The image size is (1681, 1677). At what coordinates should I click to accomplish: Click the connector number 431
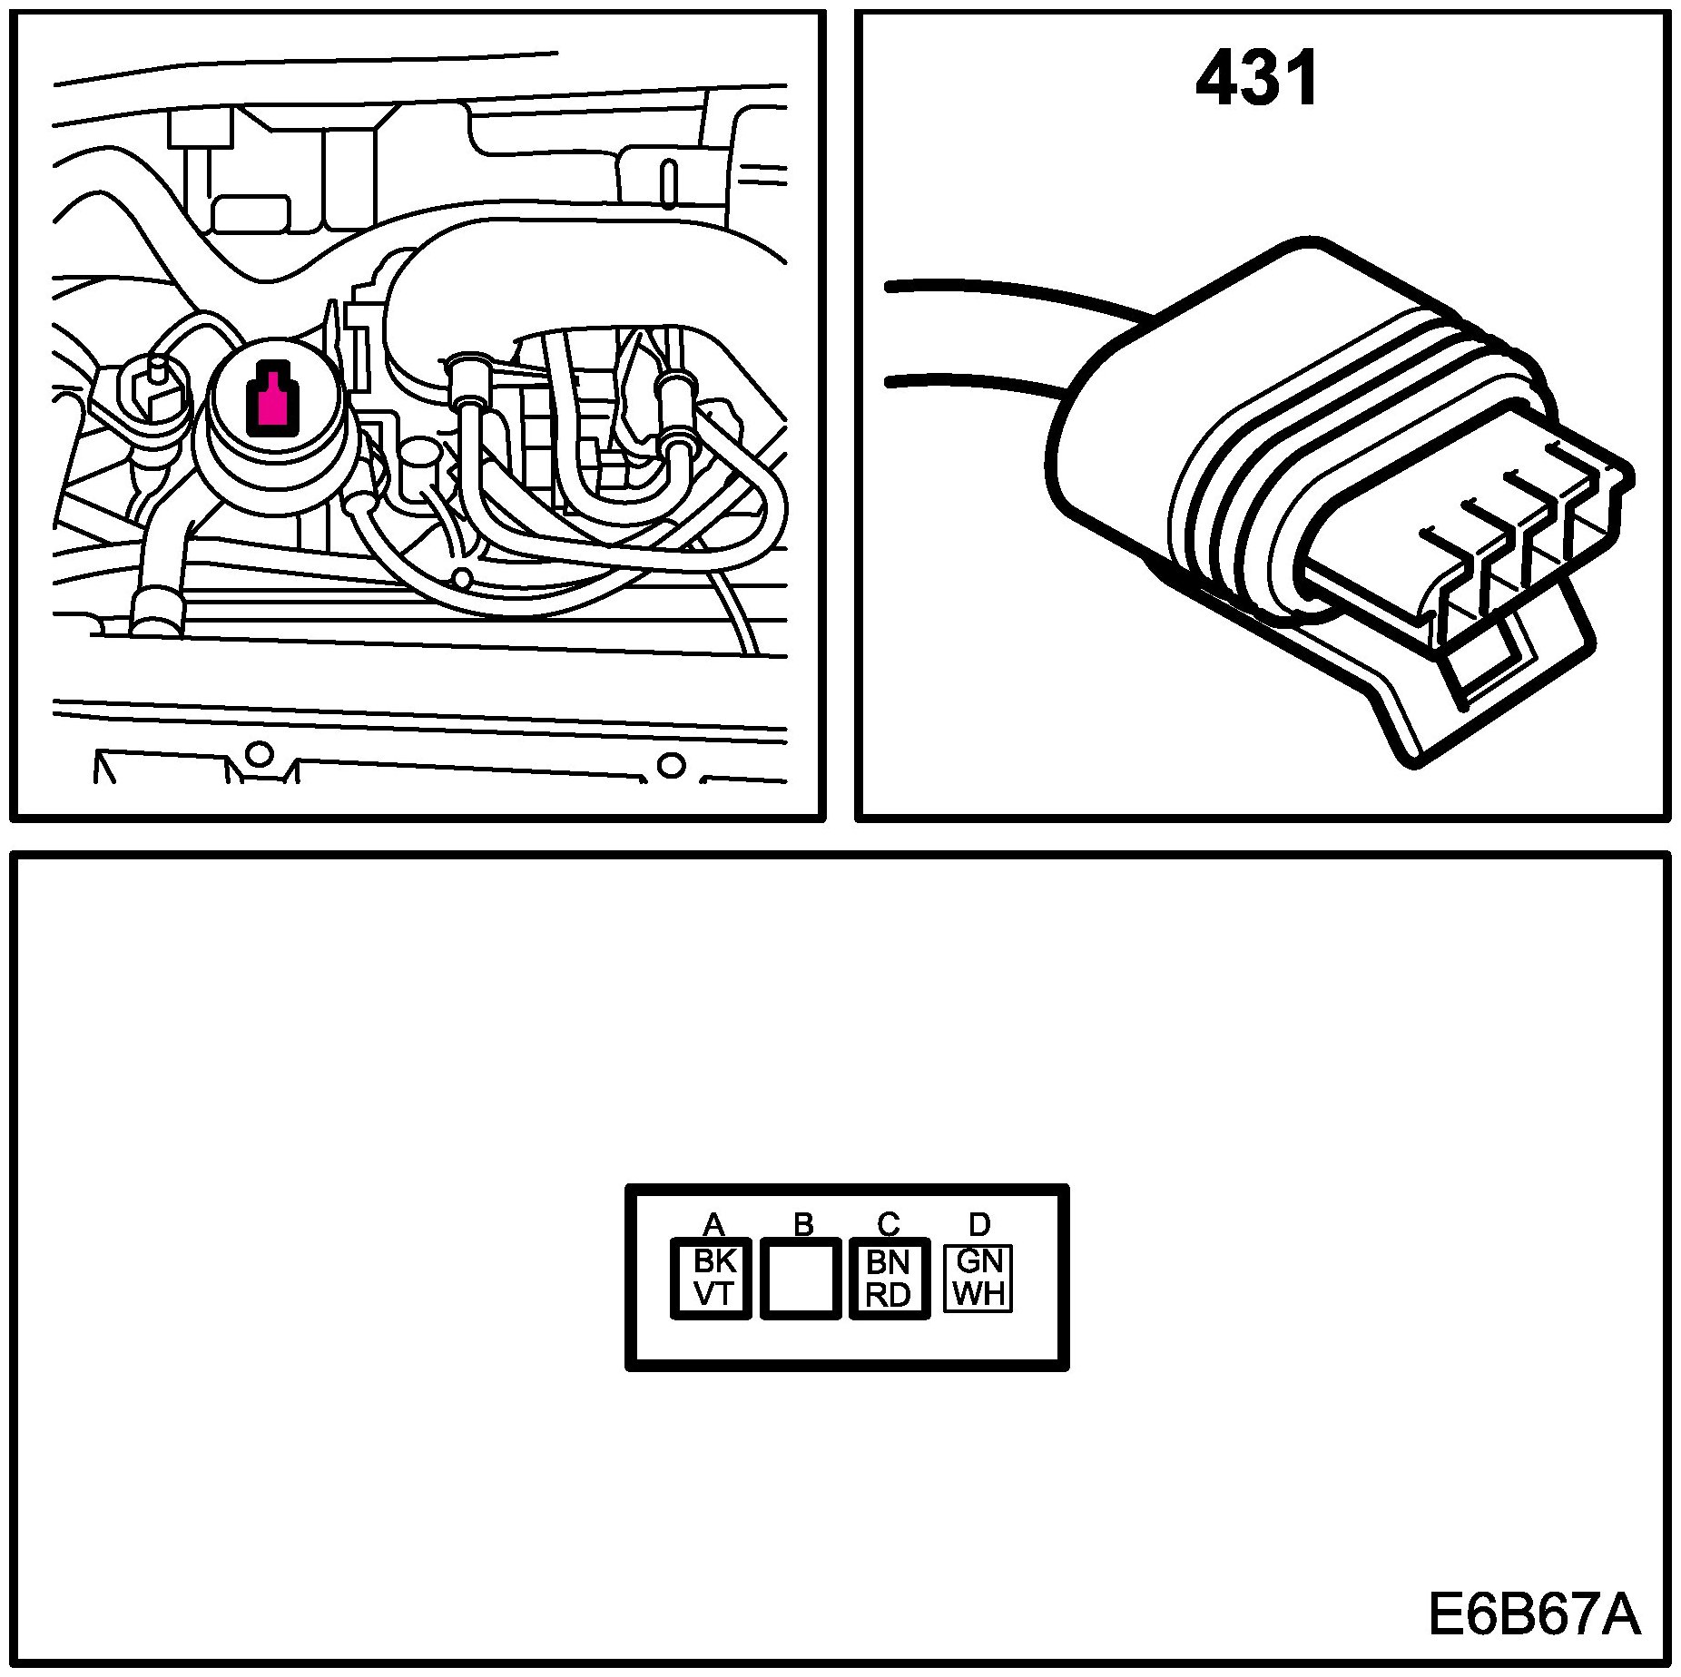point(1256,80)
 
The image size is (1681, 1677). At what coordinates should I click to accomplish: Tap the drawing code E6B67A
point(1534,1615)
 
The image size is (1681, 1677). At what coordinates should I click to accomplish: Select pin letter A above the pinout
point(713,1225)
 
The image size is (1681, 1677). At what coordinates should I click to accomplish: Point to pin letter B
point(803,1225)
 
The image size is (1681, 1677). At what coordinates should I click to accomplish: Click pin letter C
point(889,1225)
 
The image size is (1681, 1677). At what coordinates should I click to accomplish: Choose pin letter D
point(978,1225)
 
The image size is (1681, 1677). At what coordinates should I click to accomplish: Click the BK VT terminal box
point(712,1278)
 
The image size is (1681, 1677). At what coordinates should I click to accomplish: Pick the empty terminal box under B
point(800,1278)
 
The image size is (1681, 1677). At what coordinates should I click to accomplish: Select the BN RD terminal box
point(890,1278)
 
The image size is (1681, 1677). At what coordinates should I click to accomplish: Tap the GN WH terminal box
point(978,1278)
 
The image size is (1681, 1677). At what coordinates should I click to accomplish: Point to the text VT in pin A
point(713,1294)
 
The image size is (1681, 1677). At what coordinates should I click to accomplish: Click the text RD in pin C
point(889,1295)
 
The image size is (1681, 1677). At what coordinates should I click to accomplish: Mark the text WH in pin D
point(978,1294)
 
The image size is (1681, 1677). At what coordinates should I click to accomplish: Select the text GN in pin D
point(978,1261)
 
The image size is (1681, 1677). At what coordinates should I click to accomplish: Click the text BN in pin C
point(889,1262)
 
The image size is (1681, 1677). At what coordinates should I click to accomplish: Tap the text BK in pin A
point(713,1261)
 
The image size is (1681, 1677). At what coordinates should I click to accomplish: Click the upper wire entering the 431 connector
point(998,296)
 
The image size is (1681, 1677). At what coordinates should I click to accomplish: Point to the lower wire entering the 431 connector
point(971,382)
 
